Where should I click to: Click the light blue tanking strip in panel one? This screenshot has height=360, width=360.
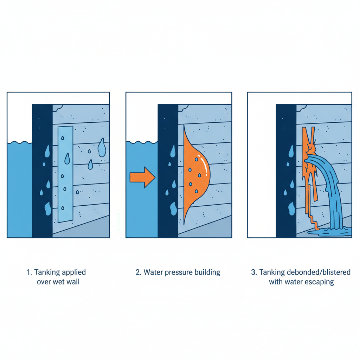click(x=65, y=174)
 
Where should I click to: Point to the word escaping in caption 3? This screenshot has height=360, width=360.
click(x=320, y=282)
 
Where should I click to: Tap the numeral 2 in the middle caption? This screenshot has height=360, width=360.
click(x=138, y=272)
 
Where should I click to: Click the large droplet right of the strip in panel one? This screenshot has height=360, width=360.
click(x=102, y=147)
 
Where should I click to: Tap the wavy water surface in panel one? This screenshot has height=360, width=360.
click(x=19, y=142)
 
